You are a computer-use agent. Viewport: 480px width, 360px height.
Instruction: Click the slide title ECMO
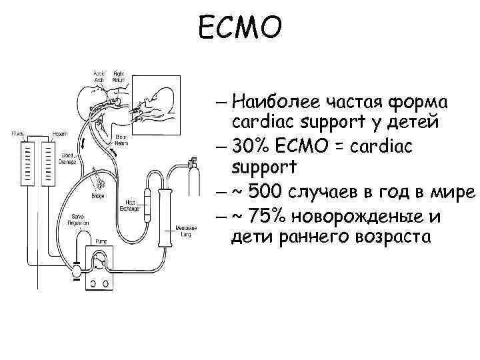click(241, 28)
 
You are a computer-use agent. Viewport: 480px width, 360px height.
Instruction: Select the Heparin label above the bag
click(47, 134)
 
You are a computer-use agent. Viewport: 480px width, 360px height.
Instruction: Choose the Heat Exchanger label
click(129, 205)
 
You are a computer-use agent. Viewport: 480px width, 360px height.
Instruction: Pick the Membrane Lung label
click(185, 229)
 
